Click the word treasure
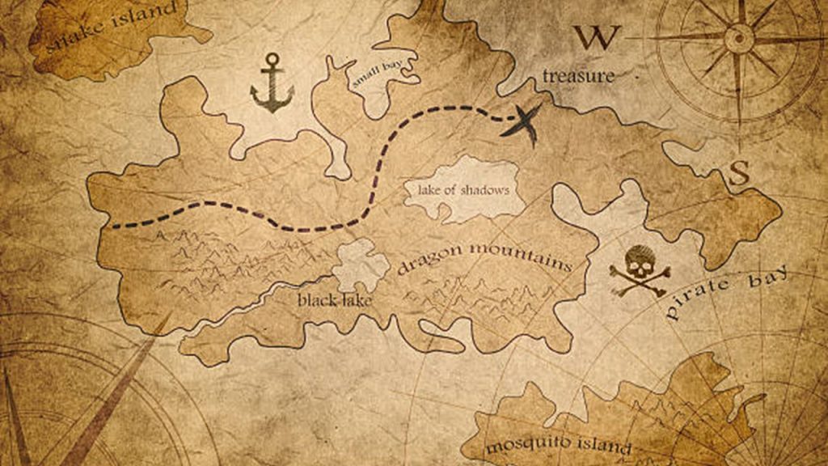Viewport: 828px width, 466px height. click(x=578, y=77)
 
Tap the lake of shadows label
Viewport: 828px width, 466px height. click(x=463, y=191)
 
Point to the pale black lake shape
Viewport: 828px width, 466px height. click(x=361, y=265)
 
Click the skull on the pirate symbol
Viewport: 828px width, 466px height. click(x=640, y=261)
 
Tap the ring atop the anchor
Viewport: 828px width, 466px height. click(x=272, y=58)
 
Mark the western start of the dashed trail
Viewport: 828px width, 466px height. click(x=114, y=226)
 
